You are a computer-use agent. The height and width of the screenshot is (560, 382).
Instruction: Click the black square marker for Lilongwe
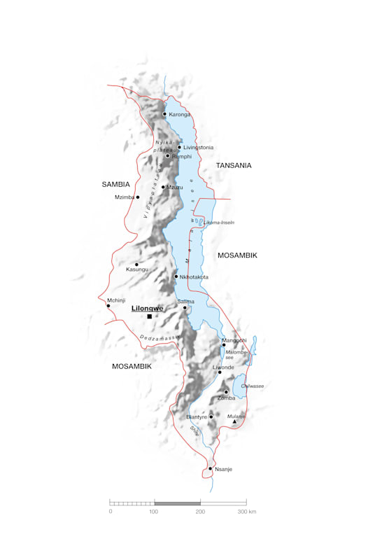pos(149,316)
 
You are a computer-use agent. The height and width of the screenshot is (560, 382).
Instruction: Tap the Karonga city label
pos(180,114)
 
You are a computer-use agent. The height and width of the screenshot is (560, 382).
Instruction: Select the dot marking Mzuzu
pos(164,187)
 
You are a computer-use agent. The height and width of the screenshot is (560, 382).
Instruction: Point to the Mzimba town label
pos(124,197)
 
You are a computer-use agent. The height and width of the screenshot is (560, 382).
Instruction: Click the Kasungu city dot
pos(136,265)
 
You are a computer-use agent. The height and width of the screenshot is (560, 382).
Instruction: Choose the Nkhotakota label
pos(194,277)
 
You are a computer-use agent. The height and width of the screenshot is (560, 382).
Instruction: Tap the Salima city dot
pos(185,307)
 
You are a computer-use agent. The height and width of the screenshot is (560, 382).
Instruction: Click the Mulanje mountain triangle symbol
pos(234,421)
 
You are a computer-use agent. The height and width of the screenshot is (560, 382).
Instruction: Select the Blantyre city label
pos(197,417)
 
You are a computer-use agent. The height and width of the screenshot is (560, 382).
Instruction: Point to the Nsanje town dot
pos(211,468)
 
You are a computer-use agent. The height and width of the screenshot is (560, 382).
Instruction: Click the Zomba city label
pos(227,398)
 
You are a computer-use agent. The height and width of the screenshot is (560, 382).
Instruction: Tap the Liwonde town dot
pos(219,372)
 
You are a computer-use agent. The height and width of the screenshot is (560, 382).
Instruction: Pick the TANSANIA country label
pos(234,166)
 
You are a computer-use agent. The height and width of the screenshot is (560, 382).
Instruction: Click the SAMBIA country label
pos(116,185)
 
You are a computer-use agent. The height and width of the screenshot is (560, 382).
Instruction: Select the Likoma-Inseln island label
pos(219,223)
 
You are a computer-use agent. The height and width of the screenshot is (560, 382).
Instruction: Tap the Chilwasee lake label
pos(251,386)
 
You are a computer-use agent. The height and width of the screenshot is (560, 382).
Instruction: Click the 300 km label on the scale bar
pos(246,512)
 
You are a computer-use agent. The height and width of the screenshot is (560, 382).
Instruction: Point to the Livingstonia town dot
pos(179,147)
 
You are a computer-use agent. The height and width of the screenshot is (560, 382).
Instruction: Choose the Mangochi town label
pos(234,340)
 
